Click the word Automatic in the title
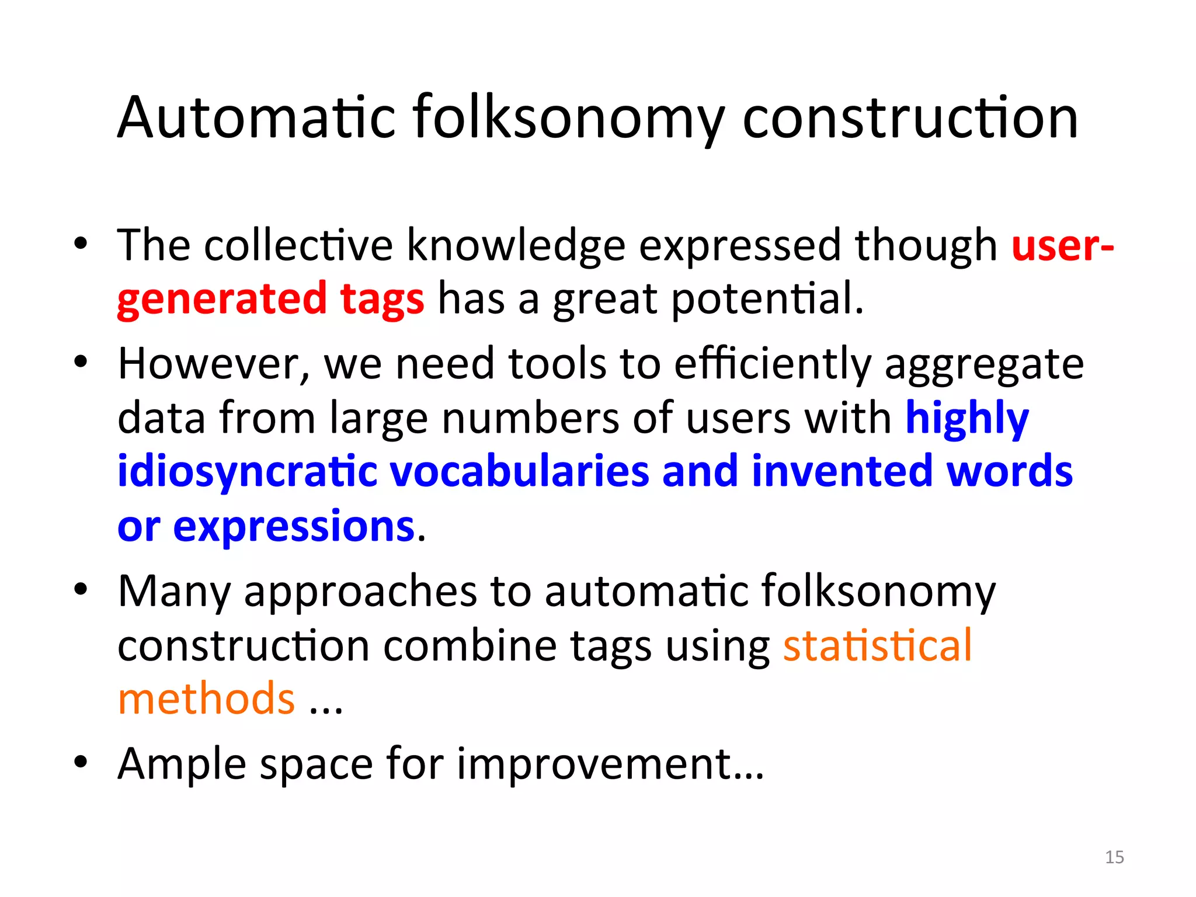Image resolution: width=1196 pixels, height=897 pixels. pos(257,118)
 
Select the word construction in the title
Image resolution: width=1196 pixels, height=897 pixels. pos(910,118)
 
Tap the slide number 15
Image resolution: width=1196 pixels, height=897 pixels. pos(1114,857)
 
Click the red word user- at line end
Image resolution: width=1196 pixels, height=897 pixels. pos(1062,245)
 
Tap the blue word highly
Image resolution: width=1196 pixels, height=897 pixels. pos(967,418)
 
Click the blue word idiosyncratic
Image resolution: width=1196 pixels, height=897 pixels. pos(247,471)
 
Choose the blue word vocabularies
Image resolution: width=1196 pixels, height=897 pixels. pos(519,471)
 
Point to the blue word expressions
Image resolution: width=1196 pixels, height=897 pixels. pos(294,526)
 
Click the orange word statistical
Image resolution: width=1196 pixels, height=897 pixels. pos(877,645)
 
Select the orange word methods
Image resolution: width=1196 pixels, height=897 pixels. pos(206,699)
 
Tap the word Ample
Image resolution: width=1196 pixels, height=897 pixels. pos(182,764)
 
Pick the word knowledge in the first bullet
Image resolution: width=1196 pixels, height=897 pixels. pos(516,245)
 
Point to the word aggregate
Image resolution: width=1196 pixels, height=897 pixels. pos(984,364)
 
